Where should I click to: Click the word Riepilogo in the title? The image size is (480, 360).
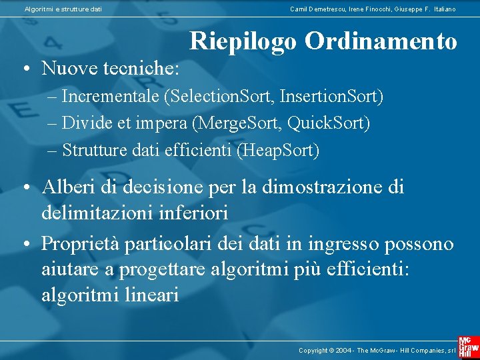(244, 41)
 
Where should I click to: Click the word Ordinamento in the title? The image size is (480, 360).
(381, 41)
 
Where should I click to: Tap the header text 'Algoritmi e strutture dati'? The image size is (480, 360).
(63, 9)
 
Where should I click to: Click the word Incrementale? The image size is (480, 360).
(111, 97)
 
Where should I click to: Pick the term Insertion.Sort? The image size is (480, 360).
(331, 97)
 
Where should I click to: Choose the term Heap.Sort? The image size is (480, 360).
(278, 151)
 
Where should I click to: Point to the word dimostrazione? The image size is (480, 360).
(315, 187)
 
